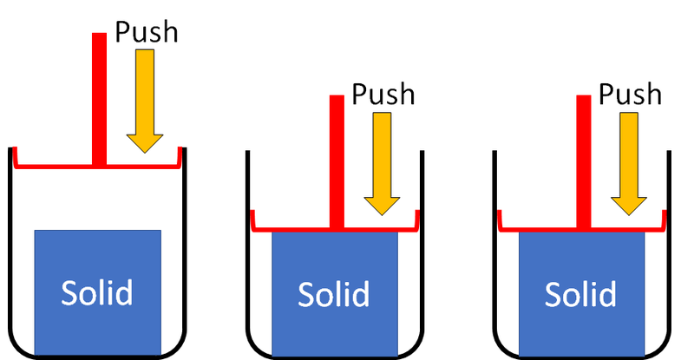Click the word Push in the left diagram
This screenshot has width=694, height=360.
tap(146, 33)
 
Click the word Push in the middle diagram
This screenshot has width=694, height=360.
tap(383, 94)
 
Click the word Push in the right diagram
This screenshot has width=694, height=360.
tap(630, 94)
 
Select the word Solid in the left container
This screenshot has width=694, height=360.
tap(97, 293)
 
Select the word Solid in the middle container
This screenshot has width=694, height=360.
tap(335, 296)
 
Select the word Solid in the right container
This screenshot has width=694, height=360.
tap(581, 296)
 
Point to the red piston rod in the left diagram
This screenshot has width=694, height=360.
tap(99, 95)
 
